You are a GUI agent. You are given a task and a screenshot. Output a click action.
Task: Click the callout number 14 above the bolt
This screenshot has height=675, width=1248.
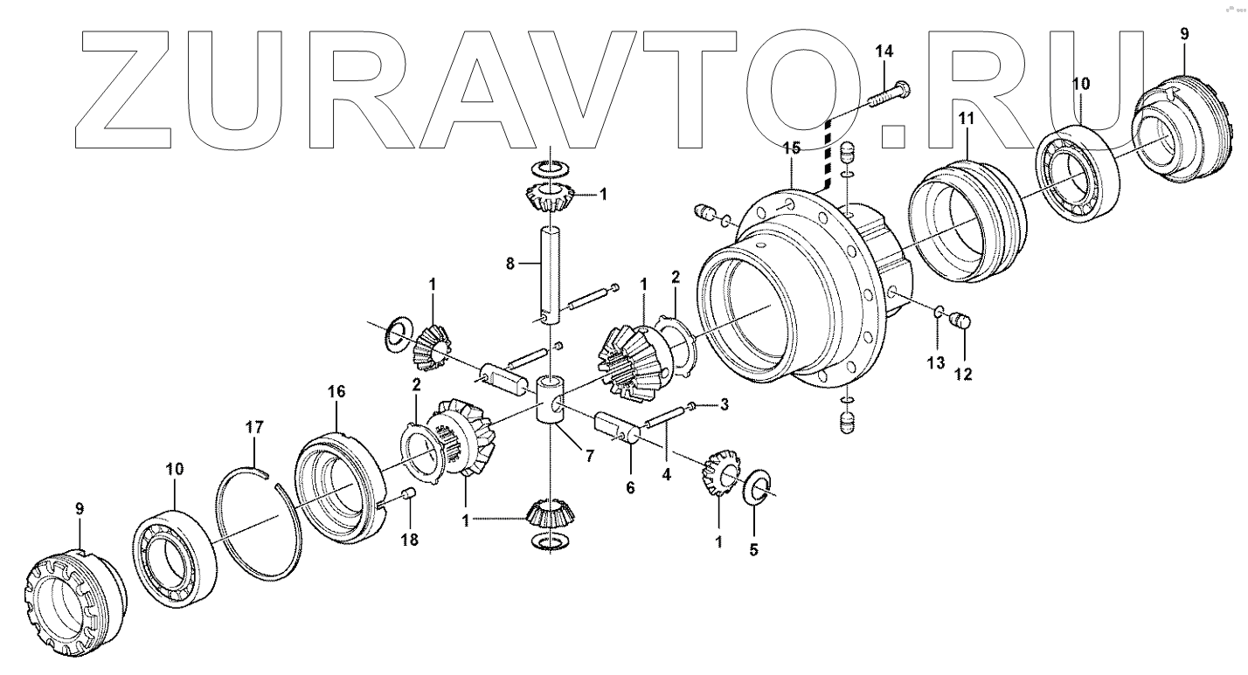[884, 52]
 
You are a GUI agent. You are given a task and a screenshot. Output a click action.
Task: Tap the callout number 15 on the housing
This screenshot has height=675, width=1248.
[791, 150]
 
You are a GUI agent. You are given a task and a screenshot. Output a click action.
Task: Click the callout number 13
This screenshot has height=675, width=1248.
[936, 362]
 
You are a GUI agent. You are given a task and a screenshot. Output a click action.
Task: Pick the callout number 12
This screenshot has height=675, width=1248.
[963, 375]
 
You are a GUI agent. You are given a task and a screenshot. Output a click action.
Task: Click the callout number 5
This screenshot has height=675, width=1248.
[753, 550]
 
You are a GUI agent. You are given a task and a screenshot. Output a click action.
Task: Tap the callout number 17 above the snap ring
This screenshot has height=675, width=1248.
[253, 429]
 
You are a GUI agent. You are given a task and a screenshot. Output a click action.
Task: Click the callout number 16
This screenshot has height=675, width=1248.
[337, 392]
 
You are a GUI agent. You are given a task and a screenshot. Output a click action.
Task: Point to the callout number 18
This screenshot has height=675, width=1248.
[409, 540]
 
